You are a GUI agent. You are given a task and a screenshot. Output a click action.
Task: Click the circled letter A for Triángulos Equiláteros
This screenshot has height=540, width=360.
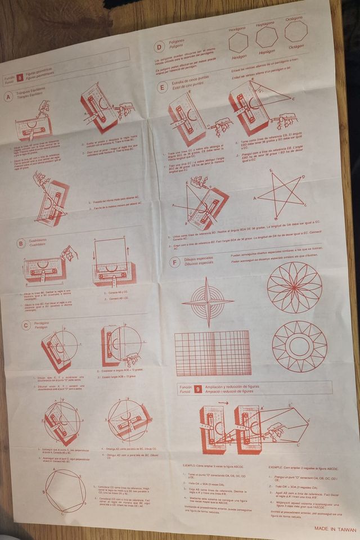click(8, 97)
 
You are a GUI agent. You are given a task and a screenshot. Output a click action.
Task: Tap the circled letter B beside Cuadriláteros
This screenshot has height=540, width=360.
click(21, 244)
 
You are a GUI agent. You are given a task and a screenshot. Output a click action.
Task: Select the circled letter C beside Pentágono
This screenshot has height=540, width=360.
click(26, 325)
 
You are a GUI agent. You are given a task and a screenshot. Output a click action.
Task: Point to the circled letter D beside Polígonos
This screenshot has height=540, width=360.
click(160, 48)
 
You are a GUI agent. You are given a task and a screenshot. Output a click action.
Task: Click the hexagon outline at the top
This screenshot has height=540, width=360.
click(238, 43)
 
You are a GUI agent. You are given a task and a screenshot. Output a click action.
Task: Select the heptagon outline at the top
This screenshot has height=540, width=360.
click(267, 38)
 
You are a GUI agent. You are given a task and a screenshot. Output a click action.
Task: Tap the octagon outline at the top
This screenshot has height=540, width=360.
click(296, 31)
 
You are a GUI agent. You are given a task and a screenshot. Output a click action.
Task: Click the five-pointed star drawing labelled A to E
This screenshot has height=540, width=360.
click(280, 195)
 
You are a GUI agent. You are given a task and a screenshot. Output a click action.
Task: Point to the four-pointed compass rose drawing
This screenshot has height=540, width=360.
click(207, 302)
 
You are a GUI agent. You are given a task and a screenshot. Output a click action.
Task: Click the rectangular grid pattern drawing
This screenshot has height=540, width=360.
click(213, 354)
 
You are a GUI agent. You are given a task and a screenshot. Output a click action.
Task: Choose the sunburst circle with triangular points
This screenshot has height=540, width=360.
click(299, 346)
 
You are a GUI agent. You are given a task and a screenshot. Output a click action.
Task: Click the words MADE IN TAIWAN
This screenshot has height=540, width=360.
click(335, 529)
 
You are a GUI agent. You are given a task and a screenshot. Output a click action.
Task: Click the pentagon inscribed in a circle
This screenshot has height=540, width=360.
click(66, 489)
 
